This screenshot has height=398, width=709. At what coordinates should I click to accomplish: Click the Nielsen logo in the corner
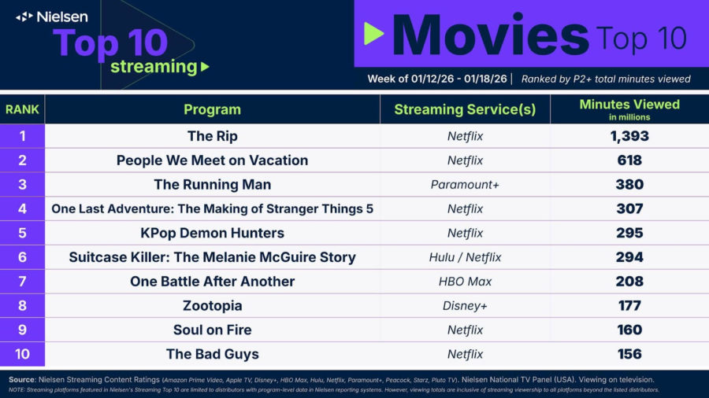(51, 17)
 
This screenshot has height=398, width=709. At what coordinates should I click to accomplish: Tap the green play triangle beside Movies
(374, 34)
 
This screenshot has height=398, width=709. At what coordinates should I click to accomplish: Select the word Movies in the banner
(491, 35)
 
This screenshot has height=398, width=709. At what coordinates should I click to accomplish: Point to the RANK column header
(22, 109)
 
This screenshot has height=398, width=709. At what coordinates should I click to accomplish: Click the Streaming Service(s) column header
(465, 109)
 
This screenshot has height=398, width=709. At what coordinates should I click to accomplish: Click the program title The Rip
(213, 136)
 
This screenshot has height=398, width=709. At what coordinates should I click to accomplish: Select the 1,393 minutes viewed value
(629, 136)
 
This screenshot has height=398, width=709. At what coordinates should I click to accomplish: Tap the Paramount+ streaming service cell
(465, 185)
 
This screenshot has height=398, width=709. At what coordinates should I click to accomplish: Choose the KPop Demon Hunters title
(212, 233)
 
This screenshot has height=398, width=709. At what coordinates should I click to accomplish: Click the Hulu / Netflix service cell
(465, 257)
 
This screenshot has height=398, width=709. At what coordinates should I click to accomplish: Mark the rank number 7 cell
(22, 281)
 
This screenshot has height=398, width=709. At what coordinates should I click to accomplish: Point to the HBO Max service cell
(465, 282)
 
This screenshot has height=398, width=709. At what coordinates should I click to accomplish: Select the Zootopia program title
(212, 305)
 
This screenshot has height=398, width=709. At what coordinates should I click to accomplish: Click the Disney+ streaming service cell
(465, 305)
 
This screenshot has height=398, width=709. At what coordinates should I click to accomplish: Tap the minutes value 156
(629, 354)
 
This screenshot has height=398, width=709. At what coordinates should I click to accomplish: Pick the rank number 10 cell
(22, 354)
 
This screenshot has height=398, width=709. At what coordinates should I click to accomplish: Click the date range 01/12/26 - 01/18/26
(459, 79)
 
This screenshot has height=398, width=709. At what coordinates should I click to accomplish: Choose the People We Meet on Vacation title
(212, 160)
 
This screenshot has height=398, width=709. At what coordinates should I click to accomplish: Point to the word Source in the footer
(22, 379)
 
